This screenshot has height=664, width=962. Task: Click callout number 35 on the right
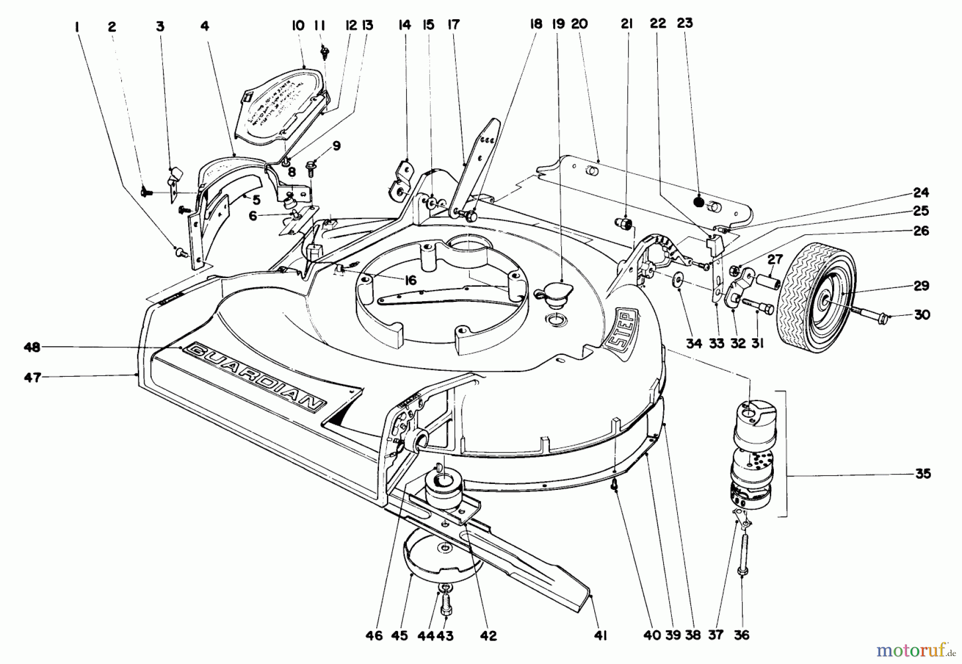pos(923,474)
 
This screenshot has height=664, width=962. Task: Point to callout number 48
pos(32,347)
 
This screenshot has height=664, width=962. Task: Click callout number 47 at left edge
pos(33,378)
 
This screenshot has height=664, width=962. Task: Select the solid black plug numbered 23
pos(698,202)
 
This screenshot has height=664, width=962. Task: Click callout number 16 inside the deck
pos(410,281)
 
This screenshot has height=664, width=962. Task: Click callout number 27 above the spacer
pos(775,260)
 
